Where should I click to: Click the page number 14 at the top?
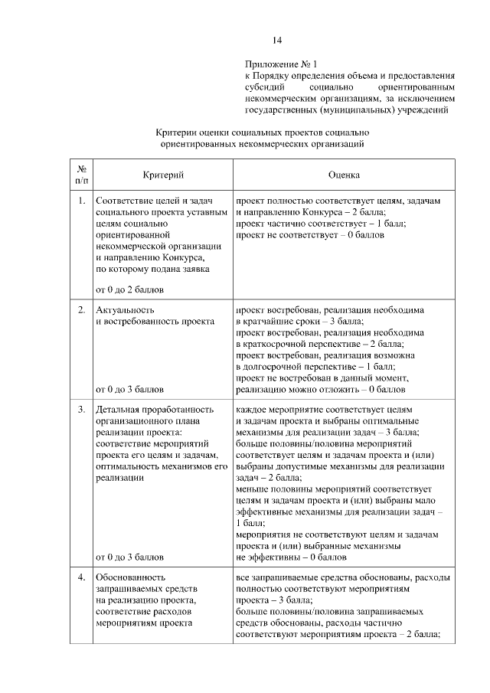pyautogui.click(x=277, y=41)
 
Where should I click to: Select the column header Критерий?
pyautogui.click(x=162, y=175)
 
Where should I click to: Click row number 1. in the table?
pyautogui.click(x=81, y=201)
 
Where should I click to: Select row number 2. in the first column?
pyautogui.click(x=81, y=310)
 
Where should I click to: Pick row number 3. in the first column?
pyautogui.click(x=81, y=410)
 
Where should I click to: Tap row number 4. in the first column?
pyautogui.click(x=81, y=577)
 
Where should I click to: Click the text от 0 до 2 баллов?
pyautogui.click(x=129, y=289)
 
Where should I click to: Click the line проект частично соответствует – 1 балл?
pyautogui.click(x=322, y=224)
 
